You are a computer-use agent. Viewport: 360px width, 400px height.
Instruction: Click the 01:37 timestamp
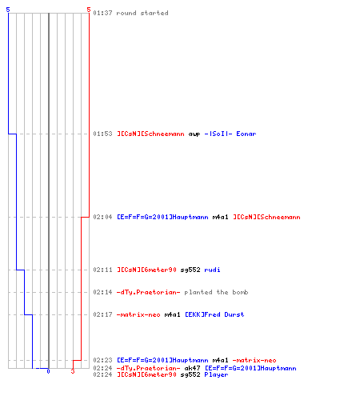102,13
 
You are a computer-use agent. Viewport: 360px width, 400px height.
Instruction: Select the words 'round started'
142,13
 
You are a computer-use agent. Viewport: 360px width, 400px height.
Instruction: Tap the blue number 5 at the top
8,10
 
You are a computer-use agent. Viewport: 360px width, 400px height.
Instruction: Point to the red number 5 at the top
89,10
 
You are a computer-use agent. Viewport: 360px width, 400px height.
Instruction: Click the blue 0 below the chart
48,371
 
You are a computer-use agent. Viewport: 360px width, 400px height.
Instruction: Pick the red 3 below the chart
73,371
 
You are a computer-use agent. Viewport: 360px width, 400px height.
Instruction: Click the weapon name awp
194,134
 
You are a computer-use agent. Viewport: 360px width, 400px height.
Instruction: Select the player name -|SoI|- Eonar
230,134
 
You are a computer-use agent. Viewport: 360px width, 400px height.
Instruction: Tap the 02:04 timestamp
102,217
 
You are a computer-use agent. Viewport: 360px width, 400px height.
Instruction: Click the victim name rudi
212,270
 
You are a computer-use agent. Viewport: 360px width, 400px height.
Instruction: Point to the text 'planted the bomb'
216,292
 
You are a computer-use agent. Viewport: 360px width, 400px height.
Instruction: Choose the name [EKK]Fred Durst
214,314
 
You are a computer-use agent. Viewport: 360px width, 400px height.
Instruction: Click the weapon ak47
192,368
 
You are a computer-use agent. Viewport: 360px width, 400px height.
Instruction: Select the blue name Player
216,374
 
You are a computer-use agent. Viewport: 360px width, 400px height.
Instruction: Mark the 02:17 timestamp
102,314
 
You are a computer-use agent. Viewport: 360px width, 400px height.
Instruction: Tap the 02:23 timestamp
102,360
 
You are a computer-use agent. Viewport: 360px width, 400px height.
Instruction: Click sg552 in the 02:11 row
190,270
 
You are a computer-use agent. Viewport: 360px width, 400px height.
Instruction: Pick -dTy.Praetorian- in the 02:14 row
149,292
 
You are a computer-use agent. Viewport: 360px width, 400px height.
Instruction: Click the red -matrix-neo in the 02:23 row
254,360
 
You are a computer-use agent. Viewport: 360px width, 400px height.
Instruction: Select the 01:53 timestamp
102,134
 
